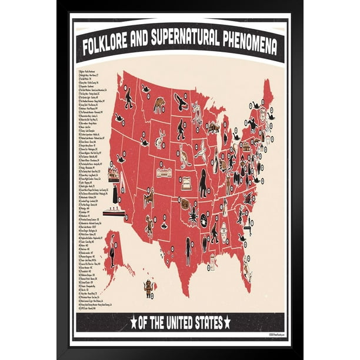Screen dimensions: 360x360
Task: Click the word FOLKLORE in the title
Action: pyautogui.click(x=111, y=46)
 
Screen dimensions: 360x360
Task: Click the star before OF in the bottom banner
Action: pyautogui.click(x=134, y=322)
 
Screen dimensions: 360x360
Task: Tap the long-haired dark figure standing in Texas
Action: pyautogui.click(x=189, y=251)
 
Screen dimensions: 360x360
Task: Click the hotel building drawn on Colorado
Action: pyautogui.click(x=164, y=172)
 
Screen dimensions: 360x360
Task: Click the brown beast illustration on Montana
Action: pyautogui.click(x=159, y=105)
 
